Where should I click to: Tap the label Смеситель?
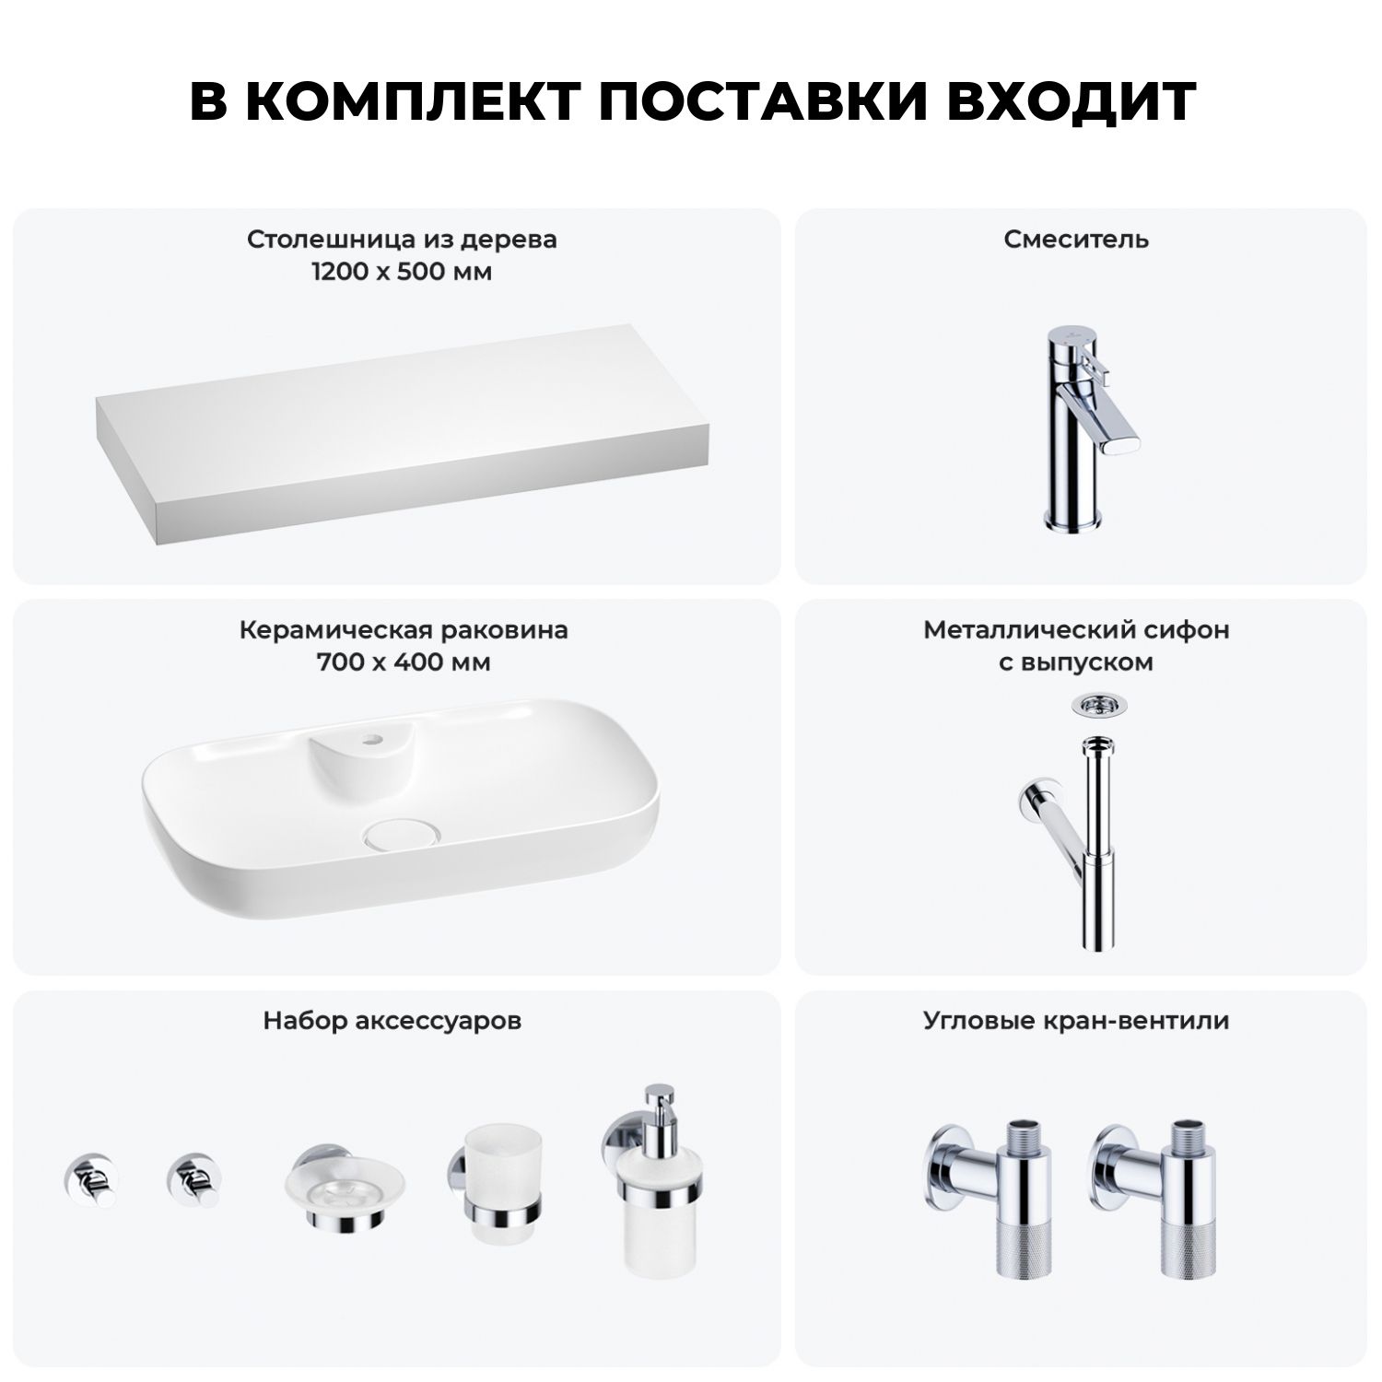1076,240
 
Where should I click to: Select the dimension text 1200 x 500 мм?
402,273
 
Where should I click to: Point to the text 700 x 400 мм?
404,662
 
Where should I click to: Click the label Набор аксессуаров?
392,1021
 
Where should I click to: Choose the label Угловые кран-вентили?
1076,1021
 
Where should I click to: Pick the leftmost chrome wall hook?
90,1180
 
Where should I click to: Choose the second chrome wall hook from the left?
193,1180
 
